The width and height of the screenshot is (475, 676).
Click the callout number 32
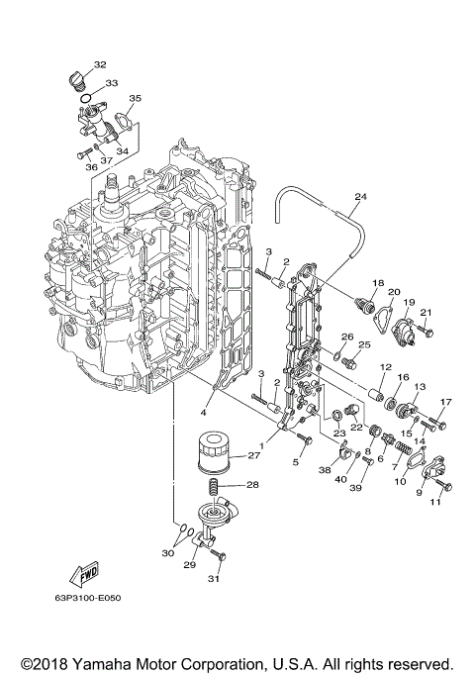click(100, 65)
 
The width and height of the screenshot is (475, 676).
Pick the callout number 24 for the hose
click(360, 196)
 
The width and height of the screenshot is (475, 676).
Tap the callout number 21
click(427, 313)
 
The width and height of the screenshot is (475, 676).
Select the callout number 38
click(326, 472)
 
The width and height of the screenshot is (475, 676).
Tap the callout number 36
click(90, 167)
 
